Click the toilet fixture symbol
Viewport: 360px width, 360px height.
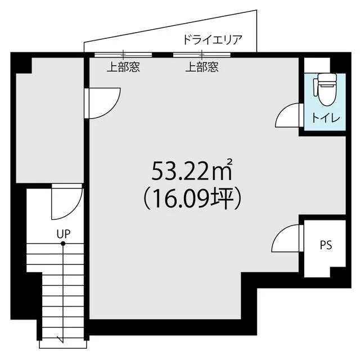click(325, 91)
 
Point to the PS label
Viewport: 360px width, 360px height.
click(326, 245)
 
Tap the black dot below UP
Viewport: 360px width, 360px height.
click(63, 244)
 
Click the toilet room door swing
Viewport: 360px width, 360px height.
click(288, 117)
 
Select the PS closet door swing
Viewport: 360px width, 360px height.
click(287, 238)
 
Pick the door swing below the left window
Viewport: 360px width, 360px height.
click(102, 103)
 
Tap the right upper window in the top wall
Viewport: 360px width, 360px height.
click(202, 55)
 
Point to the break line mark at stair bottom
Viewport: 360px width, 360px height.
click(61, 338)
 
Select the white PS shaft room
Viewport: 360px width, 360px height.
click(324, 247)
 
